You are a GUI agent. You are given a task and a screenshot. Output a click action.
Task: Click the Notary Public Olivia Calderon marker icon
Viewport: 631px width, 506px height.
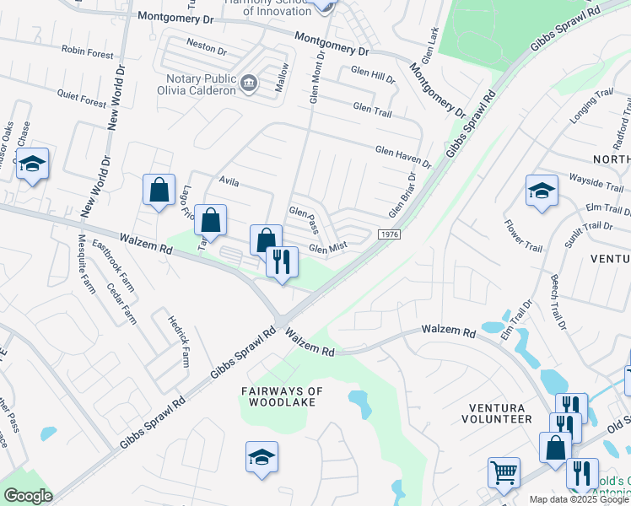pyautogui.click(x=249, y=83)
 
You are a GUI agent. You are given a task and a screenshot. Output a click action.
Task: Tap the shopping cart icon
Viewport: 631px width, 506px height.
pyautogui.click(x=504, y=472)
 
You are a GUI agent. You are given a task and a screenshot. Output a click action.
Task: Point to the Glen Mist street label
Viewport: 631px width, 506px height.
pyautogui.click(x=328, y=248)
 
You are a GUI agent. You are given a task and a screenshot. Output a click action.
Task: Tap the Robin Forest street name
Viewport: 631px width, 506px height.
pyautogui.click(x=87, y=52)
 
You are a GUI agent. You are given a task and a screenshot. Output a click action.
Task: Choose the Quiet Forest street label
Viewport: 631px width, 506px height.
pyautogui.click(x=82, y=99)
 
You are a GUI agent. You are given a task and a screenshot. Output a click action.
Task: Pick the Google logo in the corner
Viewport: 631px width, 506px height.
pyautogui.click(x=28, y=496)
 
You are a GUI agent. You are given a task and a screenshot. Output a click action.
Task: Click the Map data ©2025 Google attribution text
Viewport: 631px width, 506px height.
pyautogui.click(x=580, y=499)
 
